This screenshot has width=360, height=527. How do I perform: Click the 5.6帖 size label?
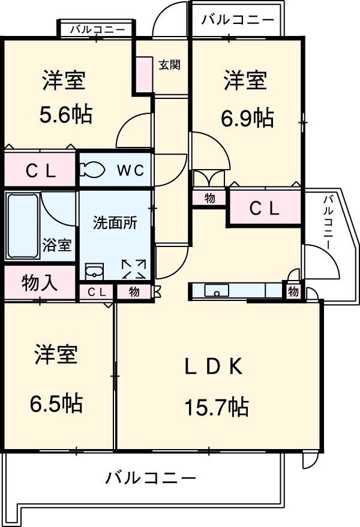[66, 114]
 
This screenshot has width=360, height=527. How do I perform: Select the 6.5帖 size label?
[56, 403]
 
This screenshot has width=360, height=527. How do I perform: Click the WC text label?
[130, 170]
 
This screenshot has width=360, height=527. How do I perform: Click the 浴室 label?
[57, 245]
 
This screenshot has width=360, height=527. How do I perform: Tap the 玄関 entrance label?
[170, 65]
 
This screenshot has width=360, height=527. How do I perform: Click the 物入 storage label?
[40, 282]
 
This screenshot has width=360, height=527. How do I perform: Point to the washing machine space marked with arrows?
[134, 269]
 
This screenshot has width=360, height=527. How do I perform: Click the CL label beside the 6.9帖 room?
[265, 208]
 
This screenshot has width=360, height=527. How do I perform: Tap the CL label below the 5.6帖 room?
[41, 171]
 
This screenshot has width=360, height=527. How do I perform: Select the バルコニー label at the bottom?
[151, 478]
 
